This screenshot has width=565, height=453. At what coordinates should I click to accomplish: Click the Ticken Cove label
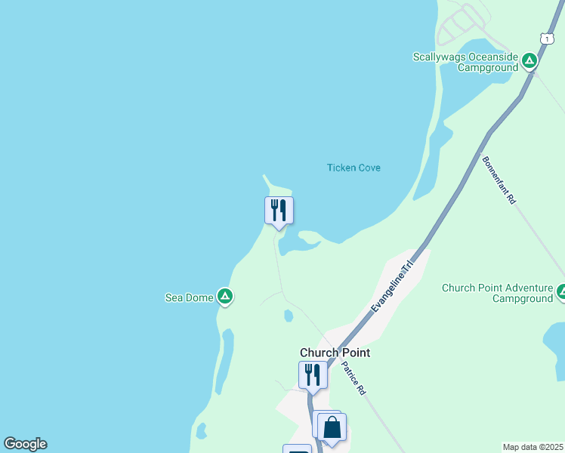(x=354, y=168)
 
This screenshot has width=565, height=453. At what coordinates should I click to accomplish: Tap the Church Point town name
(x=335, y=353)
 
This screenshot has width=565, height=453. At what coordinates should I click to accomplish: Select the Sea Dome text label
(x=189, y=297)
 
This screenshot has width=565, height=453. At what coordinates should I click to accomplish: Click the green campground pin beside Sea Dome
(x=225, y=297)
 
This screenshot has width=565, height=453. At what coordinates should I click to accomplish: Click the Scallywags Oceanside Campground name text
(x=465, y=62)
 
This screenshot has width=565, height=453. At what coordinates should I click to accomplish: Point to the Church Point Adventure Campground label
(x=497, y=293)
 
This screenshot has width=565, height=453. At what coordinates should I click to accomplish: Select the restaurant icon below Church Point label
(x=312, y=375)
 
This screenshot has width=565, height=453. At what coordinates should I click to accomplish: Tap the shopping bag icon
(x=332, y=428)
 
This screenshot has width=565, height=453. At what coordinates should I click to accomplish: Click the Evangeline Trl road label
(x=394, y=288)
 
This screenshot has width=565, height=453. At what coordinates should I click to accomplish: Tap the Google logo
(x=25, y=444)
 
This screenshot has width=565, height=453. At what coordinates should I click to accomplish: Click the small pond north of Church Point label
(x=288, y=316)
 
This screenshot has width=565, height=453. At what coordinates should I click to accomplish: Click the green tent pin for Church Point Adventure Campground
(x=561, y=292)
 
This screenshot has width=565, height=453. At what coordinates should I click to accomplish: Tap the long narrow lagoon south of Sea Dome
(x=223, y=362)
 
